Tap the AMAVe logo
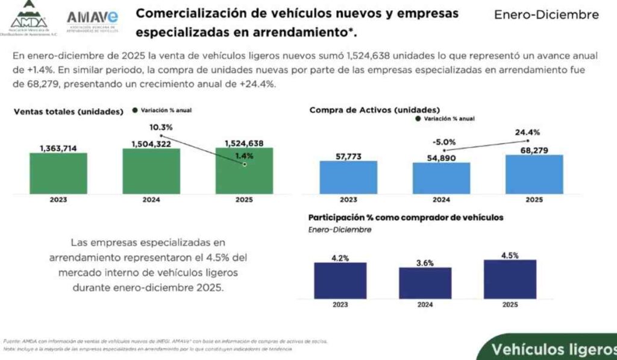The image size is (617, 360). pos(92,20)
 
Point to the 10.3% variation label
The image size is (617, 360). pos(161,127)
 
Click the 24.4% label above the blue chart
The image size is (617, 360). pos(527,133)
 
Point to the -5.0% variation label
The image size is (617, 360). pos(444,142)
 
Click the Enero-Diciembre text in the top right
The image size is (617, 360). pos(546,14)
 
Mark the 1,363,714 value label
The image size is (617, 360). pos(59,148)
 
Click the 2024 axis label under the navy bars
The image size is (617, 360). pos(425,305)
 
